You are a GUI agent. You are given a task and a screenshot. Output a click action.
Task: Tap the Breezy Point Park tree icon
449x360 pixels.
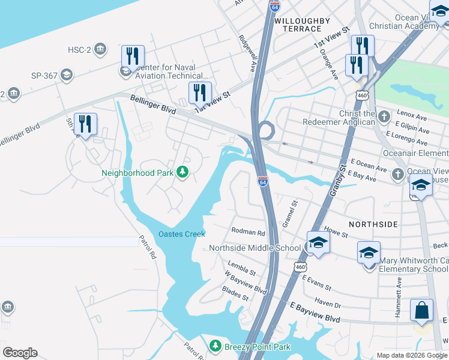tap(215, 346)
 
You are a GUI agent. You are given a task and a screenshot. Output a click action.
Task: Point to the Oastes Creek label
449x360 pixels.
tap(181, 234)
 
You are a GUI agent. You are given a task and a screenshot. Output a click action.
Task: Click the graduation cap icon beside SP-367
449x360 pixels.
tap(67, 75)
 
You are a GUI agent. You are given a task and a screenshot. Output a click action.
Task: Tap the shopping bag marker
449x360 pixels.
tap(421, 311)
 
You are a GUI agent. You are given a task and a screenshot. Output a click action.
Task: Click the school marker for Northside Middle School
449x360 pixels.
tap(318, 243)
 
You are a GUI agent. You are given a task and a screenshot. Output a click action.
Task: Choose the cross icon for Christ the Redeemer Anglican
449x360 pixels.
tap(385, 115)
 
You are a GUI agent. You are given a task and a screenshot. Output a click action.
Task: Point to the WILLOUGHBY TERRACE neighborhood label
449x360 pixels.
tap(302, 25)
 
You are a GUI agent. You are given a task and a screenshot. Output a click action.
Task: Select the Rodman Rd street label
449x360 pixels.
tap(248, 232)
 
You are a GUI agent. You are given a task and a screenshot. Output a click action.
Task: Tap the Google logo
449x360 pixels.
tap(20, 353)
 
